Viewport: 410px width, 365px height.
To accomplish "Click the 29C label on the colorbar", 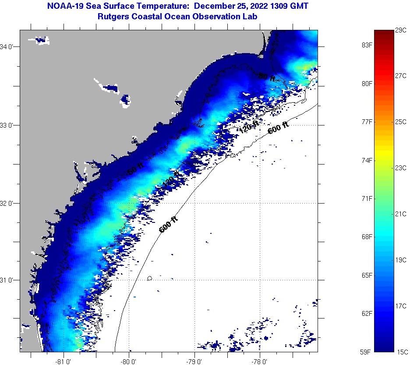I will (x=402, y=30).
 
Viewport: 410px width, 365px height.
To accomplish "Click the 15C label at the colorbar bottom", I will (x=402, y=351).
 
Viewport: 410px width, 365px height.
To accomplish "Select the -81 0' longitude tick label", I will (x=64, y=361).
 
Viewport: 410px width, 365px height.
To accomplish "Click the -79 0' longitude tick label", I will (x=194, y=361).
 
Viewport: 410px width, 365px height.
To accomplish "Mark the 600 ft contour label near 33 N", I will (x=279, y=128).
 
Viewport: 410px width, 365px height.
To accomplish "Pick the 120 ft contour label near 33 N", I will (x=249, y=128).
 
